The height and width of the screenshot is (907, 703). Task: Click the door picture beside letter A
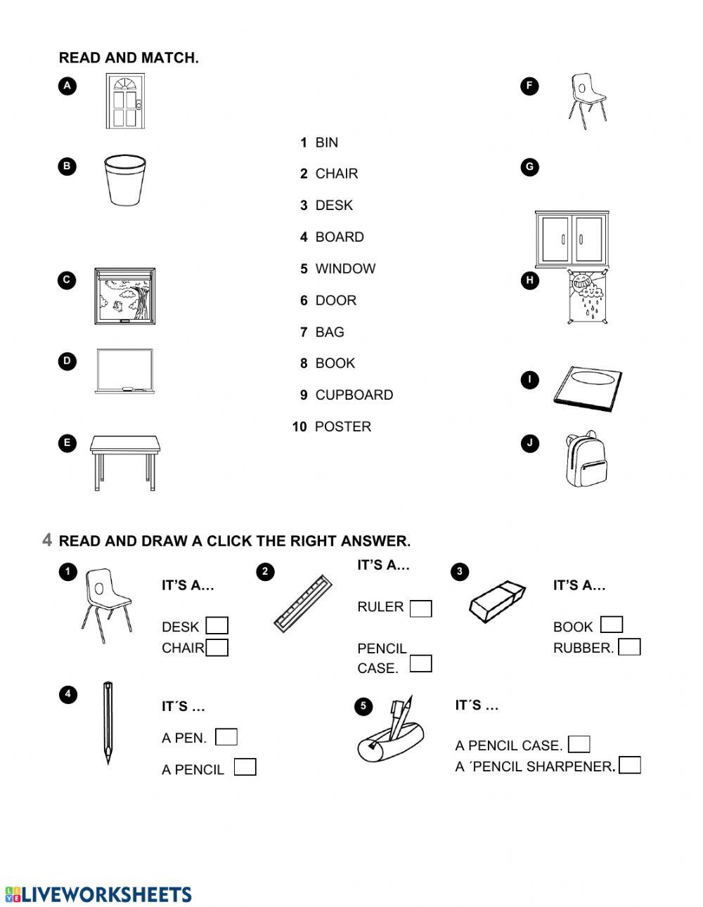(124, 100)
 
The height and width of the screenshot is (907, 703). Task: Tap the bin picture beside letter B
(125, 181)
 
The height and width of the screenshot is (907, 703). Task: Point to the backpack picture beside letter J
(586, 460)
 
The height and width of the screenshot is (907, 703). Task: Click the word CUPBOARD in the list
(354, 395)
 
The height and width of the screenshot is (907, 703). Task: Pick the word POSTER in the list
(342, 426)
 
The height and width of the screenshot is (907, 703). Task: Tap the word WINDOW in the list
(345, 268)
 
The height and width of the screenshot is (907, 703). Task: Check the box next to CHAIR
(217, 647)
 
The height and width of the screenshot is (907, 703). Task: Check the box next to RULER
(420, 608)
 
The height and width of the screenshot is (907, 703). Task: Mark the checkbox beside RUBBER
(629, 646)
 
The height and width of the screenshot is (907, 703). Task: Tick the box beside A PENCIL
(245, 767)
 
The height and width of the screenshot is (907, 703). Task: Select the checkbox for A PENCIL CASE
(579, 744)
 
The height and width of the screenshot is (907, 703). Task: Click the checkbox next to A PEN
(226, 737)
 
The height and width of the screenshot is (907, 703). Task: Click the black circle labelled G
(529, 167)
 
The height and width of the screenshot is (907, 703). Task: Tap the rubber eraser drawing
(498, 601)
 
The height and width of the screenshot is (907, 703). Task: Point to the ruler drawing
(303, 601)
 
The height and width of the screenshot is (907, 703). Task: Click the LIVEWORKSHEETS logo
(98, 894)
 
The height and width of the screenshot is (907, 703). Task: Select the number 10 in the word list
(299, 426)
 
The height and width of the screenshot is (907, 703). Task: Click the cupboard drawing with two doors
(570, 239)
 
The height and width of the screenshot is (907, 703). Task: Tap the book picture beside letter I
(588, 387)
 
